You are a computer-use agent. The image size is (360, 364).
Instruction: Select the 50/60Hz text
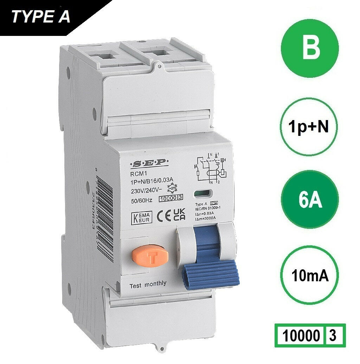click(x=138, y=200)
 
